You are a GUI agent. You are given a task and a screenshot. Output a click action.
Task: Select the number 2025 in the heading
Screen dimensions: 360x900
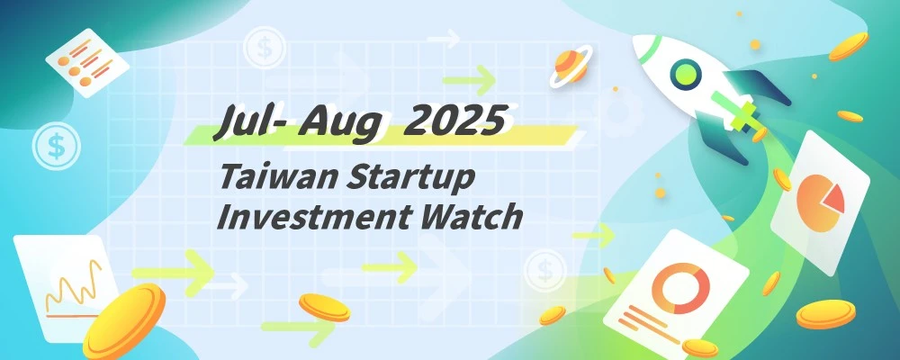coord(449,122)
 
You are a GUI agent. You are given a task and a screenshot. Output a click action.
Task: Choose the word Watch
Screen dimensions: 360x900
coord(476,217)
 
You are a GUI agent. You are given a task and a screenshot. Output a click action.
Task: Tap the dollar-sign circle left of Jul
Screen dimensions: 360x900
coord(55,147)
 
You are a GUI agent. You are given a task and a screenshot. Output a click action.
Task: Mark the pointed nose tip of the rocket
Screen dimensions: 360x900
coord(638,42)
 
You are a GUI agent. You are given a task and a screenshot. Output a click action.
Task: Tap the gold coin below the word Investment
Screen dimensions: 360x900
coord(324,306)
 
